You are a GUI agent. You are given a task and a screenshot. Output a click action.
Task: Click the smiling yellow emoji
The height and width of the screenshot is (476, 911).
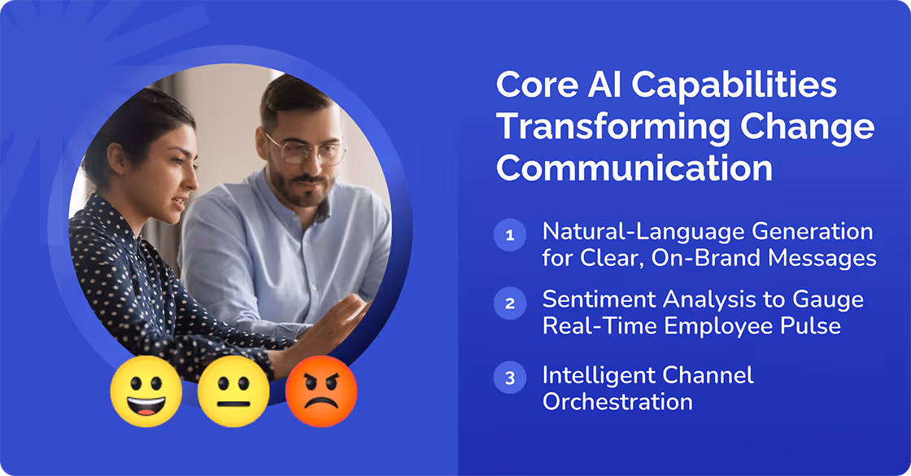click(146, 391)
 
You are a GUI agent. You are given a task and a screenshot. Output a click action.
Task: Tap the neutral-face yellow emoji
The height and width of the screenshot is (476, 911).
click(233, 391)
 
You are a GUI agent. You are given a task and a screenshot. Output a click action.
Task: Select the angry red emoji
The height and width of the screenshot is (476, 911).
click(320, 391)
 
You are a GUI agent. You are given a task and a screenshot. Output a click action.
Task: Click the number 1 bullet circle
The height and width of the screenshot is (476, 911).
click(510, 236)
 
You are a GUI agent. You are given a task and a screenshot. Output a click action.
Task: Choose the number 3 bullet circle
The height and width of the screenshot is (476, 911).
click(510, 378)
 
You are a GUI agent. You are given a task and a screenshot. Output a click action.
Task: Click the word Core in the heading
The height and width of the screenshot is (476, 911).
click(534, 85)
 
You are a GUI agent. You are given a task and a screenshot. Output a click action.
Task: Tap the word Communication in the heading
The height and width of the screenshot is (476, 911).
click(634, 168)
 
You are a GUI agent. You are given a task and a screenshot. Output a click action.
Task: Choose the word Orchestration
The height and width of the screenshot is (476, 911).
click(617, 402)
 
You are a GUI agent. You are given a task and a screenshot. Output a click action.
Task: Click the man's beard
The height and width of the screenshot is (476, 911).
click(298, 191)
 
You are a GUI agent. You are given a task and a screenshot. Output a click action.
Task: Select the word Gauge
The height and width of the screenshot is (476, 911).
click(830, 299)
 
